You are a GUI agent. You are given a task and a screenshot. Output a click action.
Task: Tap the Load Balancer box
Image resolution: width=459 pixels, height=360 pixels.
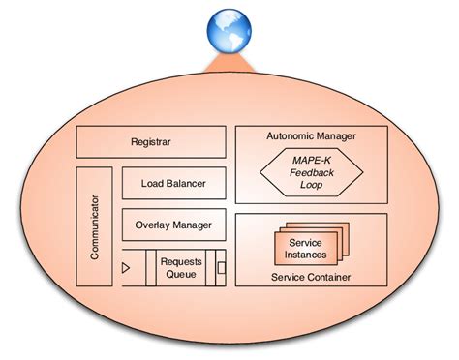(x=173, y=183)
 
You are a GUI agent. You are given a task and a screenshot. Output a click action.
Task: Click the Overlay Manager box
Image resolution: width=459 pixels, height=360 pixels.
(x=173, y=225)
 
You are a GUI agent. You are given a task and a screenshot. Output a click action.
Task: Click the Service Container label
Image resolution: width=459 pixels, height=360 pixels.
(x=311, y=279)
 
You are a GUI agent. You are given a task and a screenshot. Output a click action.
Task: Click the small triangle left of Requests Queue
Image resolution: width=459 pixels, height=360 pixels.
(x=126, y=266)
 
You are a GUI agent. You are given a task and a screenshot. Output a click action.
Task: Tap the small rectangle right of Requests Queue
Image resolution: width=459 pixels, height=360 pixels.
(x=221, y=266)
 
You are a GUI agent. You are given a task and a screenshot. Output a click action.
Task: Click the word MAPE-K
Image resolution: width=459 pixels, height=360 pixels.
(x=311, y=159)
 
